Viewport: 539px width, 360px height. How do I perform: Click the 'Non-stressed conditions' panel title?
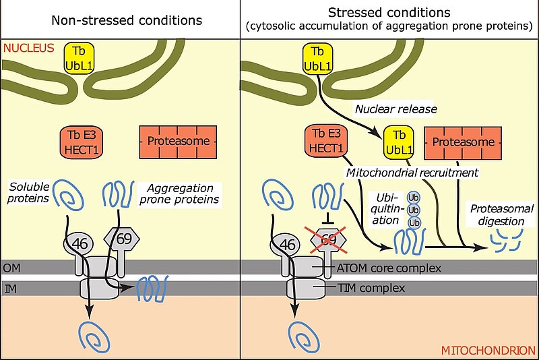pyautogui.click(x=127, y=20)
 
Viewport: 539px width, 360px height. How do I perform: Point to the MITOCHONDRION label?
pyautogui.click(x=488, y=351)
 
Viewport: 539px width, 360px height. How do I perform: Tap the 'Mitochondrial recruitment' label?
pyautogui.click(x=412, y=173)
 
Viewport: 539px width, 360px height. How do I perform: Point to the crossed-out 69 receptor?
pyautogui.click(x=327, y=239)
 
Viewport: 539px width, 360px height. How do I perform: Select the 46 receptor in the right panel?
pyautogui.click(x=287, y=243)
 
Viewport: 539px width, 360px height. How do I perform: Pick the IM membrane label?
pyautogui.click(x=10, y=288)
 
